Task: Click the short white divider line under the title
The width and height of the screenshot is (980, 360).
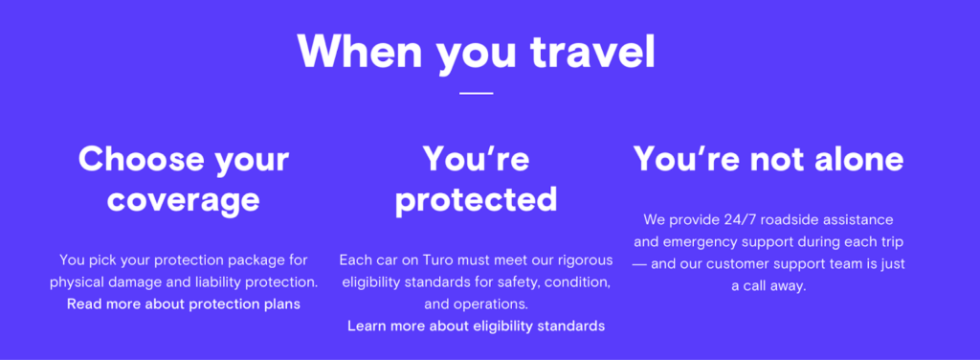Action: click(476, 93)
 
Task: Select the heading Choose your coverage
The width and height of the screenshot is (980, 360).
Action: click(183, 178)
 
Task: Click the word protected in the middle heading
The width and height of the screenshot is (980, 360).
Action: click(476, 199)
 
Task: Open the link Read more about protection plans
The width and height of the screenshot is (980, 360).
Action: click(183, 304)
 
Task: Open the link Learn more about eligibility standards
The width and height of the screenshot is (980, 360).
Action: click(476, 326)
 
